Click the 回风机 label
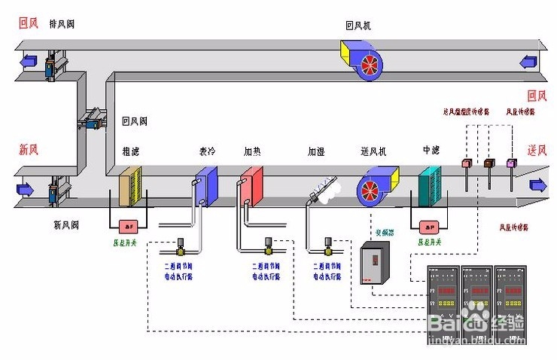coord(358,26)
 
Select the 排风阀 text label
coord(62,24)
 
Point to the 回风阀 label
coord(135,121)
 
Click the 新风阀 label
coord(66,224)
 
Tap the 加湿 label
coord(316,151)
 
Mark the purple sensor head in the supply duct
coord(512,163)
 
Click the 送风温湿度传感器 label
coord(466,111)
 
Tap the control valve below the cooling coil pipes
coord(181,246)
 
